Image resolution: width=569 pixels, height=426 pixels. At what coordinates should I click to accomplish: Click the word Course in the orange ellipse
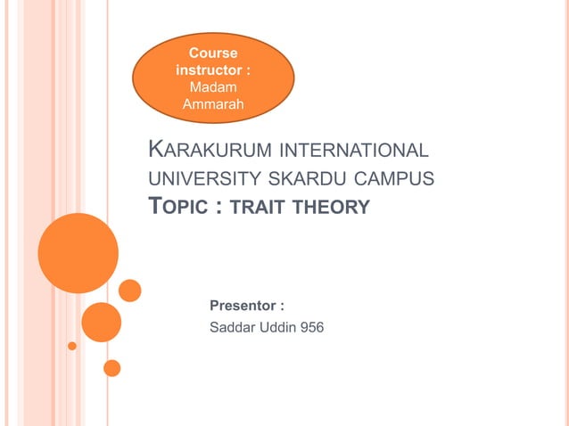point(213,53)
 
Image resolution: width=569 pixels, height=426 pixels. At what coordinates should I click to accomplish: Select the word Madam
point(212,87)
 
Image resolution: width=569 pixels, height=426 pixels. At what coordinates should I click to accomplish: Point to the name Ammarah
point(212,105)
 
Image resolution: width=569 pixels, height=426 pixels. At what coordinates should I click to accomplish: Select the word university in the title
point(197,178)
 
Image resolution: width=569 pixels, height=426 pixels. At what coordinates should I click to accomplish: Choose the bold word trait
point(259,208)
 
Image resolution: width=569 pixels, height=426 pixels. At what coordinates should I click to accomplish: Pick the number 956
point(313,327)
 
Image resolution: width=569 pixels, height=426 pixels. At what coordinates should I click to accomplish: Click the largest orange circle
point(78,253)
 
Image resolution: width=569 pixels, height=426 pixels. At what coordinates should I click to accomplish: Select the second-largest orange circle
point(101,323)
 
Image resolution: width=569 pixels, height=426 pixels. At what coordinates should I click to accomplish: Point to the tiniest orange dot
point(72,346)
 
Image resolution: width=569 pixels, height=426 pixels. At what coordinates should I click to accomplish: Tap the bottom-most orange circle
point(111,367)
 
